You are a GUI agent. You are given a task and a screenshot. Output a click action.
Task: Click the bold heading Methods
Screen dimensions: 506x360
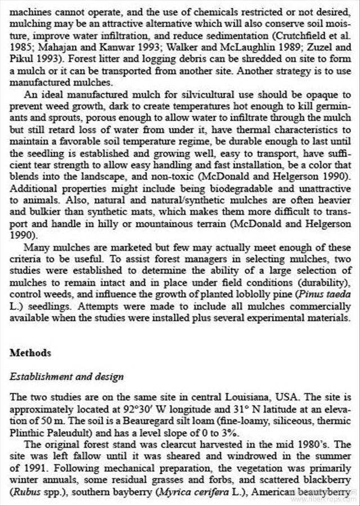[30, 353]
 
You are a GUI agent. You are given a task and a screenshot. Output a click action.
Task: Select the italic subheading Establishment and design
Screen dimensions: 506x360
[67, 377]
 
